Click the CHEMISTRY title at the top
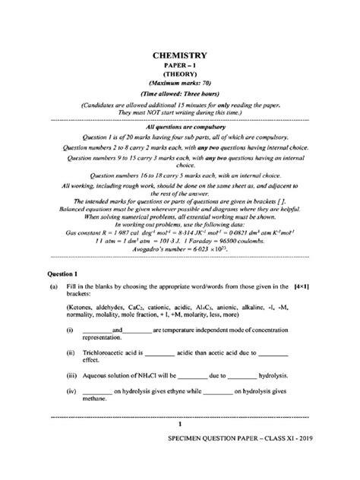tap(180, 55)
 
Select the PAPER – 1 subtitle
tap(180, 67)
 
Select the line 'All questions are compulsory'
tap(180, 128)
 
